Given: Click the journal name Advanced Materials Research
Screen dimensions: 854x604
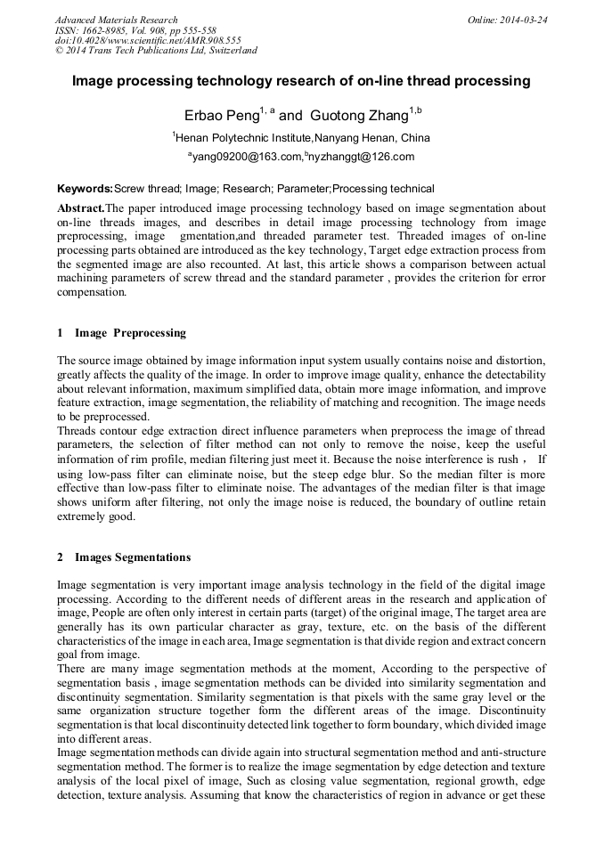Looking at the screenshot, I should (116, 20).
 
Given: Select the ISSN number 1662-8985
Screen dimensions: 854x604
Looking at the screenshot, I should (106, 29).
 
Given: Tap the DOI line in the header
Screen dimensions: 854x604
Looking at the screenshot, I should (148, 40).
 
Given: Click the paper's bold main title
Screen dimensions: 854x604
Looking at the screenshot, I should (301, 81).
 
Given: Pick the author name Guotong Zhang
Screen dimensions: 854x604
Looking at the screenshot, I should (358, 115).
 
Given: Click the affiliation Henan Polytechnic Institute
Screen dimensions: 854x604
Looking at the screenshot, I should (242, 138).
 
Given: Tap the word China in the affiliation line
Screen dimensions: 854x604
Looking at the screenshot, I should (413, 138).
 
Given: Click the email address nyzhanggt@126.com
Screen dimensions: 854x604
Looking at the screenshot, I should (361, 158).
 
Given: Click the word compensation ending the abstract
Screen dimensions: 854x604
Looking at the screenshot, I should (92, 292).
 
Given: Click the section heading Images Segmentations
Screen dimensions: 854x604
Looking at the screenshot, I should (132, 557).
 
